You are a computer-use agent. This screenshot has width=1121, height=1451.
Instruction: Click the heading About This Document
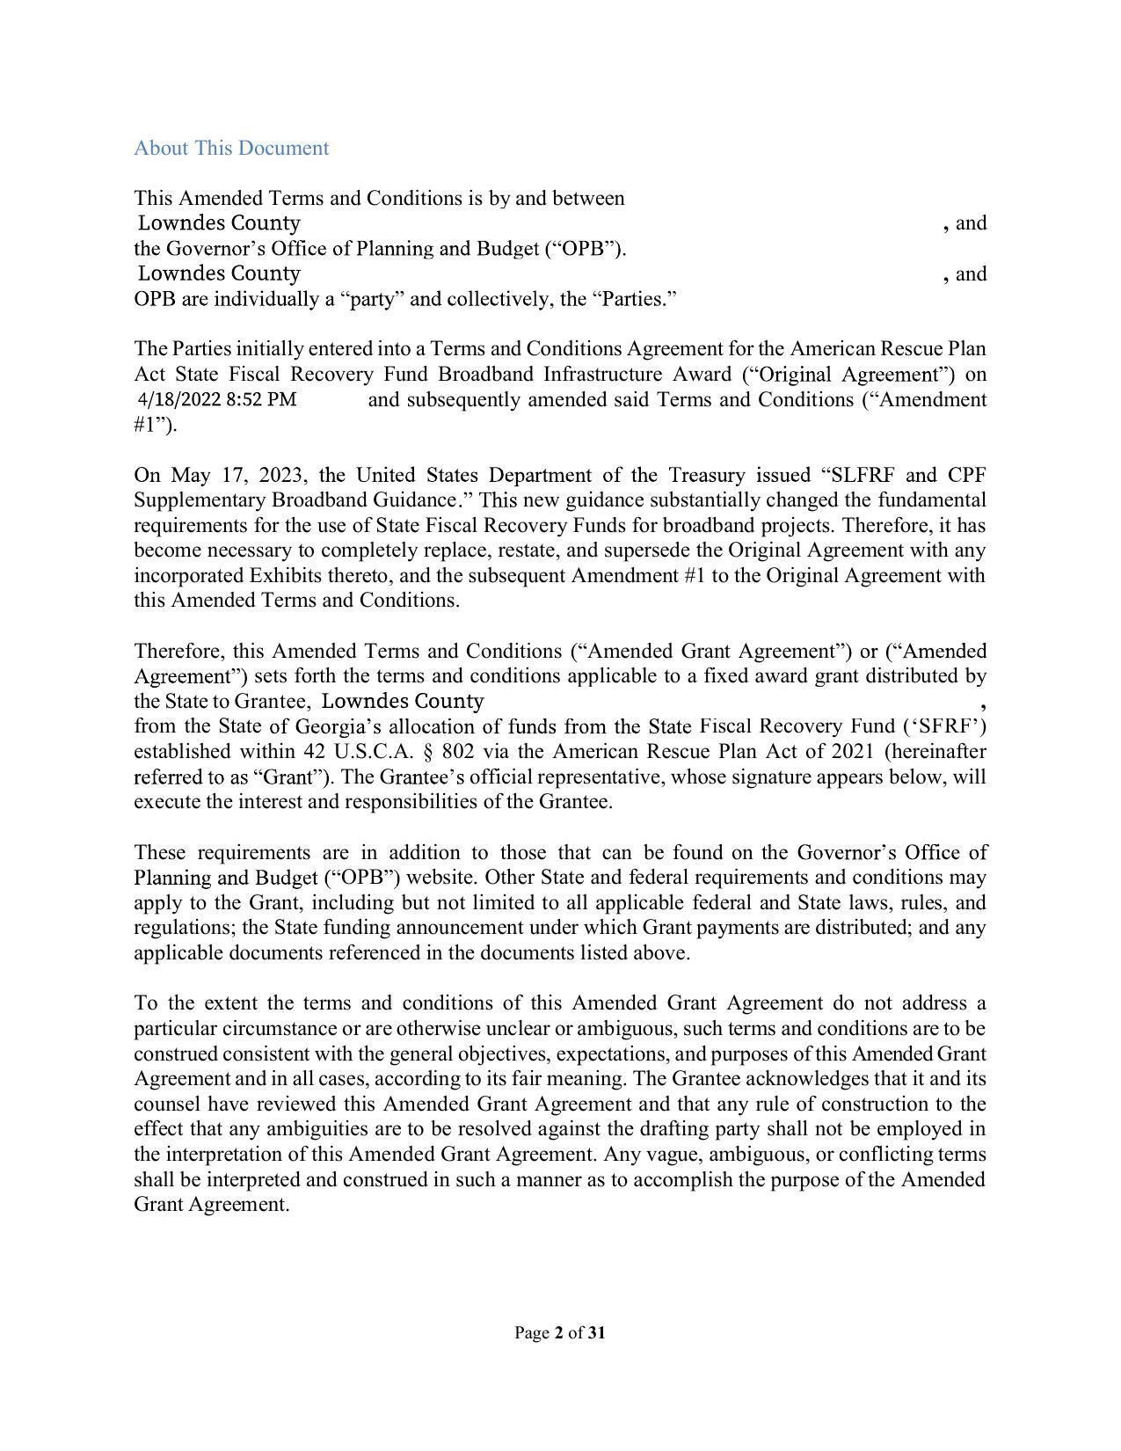231,148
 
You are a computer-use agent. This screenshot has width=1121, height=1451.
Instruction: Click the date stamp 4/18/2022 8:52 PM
217,400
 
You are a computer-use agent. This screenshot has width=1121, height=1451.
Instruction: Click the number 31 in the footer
596,1333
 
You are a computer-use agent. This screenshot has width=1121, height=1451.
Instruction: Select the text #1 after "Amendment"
145,426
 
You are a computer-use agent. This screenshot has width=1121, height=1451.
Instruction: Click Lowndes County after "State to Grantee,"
404,701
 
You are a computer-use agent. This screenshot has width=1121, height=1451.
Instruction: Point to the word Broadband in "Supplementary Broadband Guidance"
321,500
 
